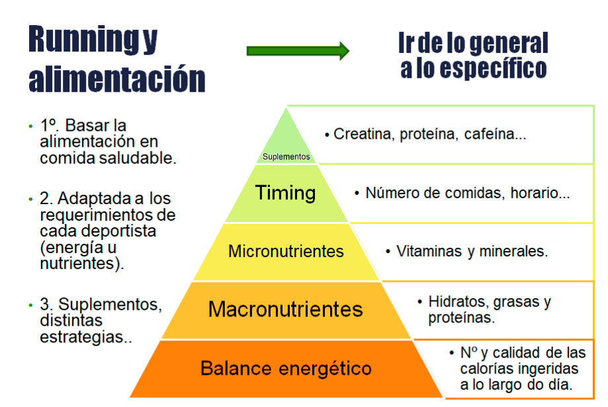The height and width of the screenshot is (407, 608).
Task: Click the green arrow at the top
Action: [x=298, y=51]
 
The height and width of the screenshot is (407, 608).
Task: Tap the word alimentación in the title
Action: [x=116, y=79]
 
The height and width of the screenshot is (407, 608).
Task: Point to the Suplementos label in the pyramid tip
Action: [x=286, y=157]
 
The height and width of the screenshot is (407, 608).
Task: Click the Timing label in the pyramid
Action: [x=285, y=193]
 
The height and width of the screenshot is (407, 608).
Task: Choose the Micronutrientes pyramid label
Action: [x=286, y=251]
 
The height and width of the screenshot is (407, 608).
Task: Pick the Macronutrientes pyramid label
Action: [x=285, y=309]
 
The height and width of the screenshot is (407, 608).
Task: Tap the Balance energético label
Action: [x=286, y=368]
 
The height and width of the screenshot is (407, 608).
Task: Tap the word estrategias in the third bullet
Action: [x=82, y=337]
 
